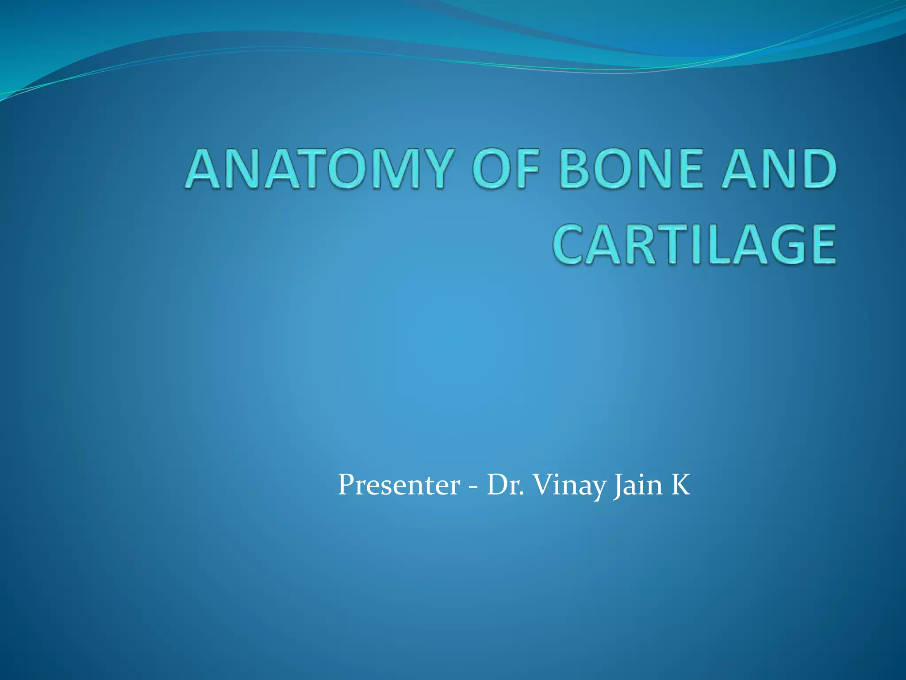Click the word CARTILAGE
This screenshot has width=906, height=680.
[695, 244]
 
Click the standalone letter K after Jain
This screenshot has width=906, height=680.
[681, 485]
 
